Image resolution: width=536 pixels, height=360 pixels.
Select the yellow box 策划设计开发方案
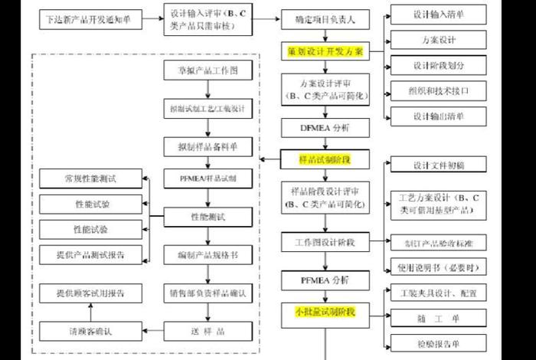click(x=325, y=51)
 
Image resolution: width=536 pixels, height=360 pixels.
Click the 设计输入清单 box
click(x=438, y=13)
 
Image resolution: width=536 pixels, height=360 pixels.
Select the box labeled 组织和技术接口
click(x=438, y=90)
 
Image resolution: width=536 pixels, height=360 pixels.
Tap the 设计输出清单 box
click(x=438, y=116)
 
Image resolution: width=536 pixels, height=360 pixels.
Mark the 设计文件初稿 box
click(x=438, y=165)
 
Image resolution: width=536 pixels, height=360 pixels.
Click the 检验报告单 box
click(x=438, y=342)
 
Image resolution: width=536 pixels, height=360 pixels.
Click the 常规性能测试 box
click(x=91, y=178)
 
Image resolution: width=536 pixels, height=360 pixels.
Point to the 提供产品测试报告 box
click(x=91, y=254)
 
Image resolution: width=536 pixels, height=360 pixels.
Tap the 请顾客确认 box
click(x=91, y=332)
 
